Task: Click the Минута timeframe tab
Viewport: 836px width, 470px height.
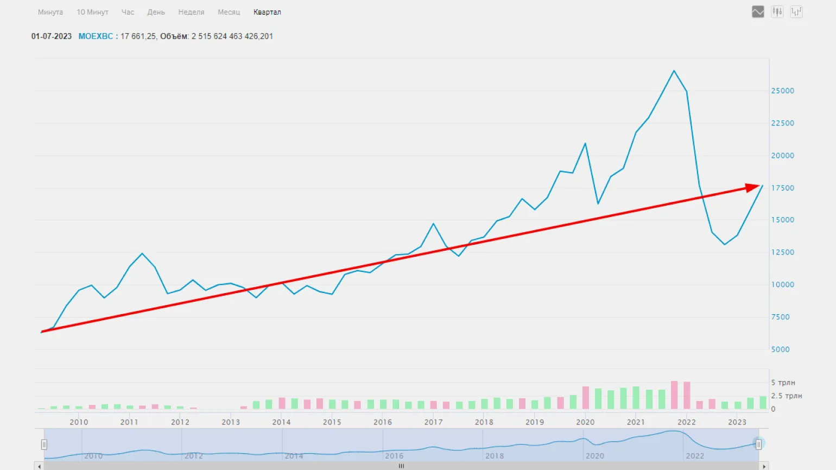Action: tap(50, 12)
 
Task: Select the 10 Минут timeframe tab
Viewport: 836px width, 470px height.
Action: tap(92, 12)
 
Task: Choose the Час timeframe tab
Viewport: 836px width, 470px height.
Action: tap(128, 12)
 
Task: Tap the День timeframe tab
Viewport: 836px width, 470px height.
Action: tap(156, 12)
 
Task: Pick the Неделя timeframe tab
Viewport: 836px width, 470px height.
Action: tap(191, 12)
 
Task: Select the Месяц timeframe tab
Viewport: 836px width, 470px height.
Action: tap(229, 12)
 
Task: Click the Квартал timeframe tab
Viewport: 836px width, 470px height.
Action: tap(267, 12)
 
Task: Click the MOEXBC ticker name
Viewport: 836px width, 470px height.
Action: tap(96, 36)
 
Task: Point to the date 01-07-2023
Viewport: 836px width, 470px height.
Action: tap(52, 36)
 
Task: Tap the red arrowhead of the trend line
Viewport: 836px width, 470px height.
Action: tap(753, 187)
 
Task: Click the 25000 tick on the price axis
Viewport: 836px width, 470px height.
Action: tap(782, 91)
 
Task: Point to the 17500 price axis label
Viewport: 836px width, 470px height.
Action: tap(782, 188)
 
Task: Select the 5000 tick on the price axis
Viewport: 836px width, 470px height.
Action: tap(780, 350)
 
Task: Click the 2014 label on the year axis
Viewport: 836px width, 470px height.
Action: tap(281, 422)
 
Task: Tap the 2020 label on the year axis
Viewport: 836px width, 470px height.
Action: tap(585, 422)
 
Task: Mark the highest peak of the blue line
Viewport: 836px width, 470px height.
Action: tap(674, 71)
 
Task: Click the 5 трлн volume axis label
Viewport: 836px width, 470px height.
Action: tap(783, 383)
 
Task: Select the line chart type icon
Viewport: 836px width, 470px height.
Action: tap(758, 11)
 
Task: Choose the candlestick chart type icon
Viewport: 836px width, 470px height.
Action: tap(777, 11)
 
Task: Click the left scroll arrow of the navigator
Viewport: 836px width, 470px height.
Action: tap(39, 466)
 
